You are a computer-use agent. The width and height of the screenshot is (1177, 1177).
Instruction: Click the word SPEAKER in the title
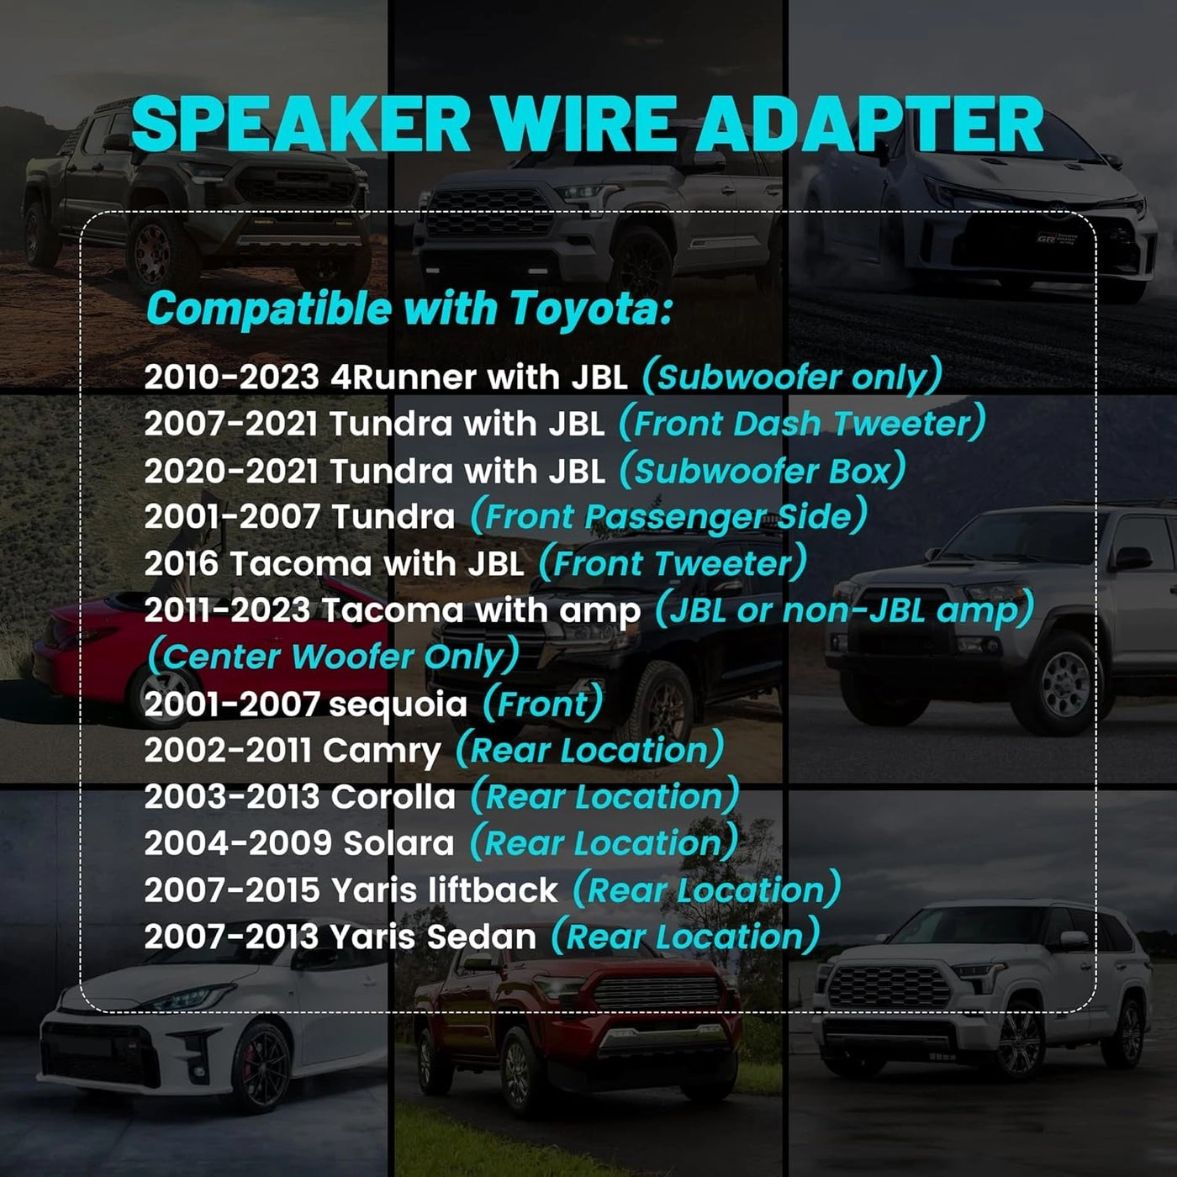coord(301,124)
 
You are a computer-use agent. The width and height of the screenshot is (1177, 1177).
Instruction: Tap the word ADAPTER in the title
coord(870,124)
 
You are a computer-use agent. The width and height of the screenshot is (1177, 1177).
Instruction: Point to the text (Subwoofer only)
coord(792,377)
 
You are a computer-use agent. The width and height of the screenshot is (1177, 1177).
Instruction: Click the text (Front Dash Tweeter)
coord(802,424)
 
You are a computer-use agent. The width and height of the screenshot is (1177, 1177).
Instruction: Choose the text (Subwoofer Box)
coord(763,471)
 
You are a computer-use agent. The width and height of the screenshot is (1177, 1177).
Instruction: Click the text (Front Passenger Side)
coord(668,517)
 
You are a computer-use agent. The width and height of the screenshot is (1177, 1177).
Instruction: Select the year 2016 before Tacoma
coord(181,564)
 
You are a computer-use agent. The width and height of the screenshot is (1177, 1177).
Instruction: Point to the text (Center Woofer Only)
coord(334,657)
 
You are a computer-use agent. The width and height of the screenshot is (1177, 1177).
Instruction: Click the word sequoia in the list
coord(398,705)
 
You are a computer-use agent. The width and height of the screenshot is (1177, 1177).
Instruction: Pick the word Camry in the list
coord(382,751)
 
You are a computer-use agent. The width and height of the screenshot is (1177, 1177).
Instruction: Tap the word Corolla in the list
coord(393,797)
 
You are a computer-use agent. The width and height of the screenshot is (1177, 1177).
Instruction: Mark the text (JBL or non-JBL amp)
coord(844,610)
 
